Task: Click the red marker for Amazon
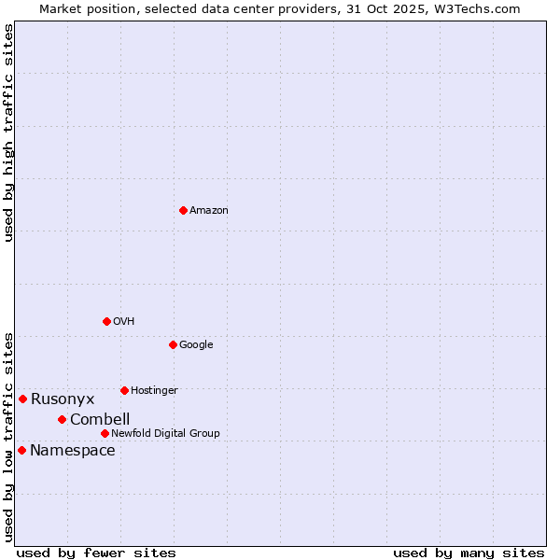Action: [183, 210]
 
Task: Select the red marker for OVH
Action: [106, 321]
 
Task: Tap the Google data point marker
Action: [173, 344]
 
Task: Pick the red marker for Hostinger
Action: [124, 390]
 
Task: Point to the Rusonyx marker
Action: [22, 399]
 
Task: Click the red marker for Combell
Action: [62, 419]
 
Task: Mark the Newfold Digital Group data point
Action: [105, 433]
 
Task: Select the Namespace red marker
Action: [21, 450]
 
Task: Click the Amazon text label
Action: [209, 211]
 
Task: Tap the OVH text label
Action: [124, 321]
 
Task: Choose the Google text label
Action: [196, 344]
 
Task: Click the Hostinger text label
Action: [154, 390]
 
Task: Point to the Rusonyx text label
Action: [63, 399]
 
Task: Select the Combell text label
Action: [100, 419]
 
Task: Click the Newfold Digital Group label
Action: [165, 433]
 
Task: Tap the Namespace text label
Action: [73, 451]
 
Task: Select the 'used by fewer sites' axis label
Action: [96, 553]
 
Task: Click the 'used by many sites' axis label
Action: [469, 553]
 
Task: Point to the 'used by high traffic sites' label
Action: [8, 133]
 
